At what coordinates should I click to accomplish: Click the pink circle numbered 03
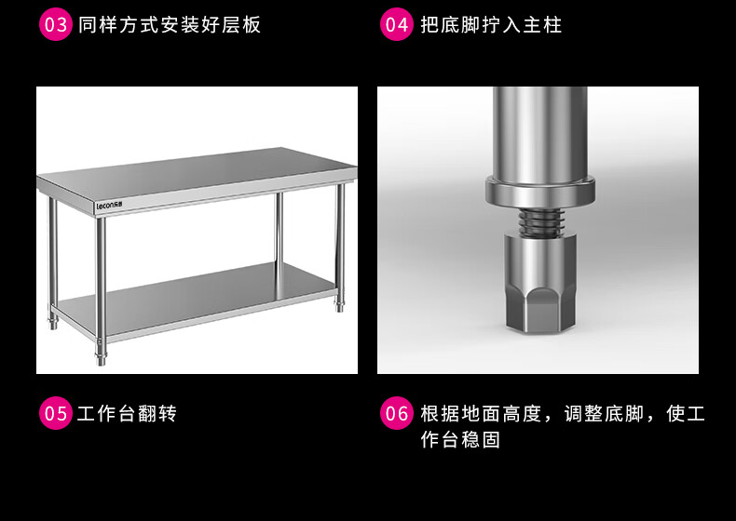[x=55, y=24]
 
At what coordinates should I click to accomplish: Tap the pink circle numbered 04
[x=397, y=24]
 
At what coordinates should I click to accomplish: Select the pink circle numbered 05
[x=55, y=413]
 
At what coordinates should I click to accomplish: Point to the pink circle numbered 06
[x=397, y=413]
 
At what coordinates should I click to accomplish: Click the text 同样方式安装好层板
[x=170, y=24]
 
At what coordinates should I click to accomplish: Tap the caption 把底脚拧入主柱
[x=491, y=24]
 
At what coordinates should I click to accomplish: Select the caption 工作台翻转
[x=127, y=414]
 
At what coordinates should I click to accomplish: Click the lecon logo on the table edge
[x=109, y=206]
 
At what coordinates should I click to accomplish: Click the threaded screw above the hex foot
[x=540, y=221]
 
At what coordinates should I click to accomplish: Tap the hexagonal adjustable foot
[x=540, y=284]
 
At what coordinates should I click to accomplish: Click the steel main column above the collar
[x=539, y=131]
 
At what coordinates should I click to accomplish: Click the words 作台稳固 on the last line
[x=460, y=440]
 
